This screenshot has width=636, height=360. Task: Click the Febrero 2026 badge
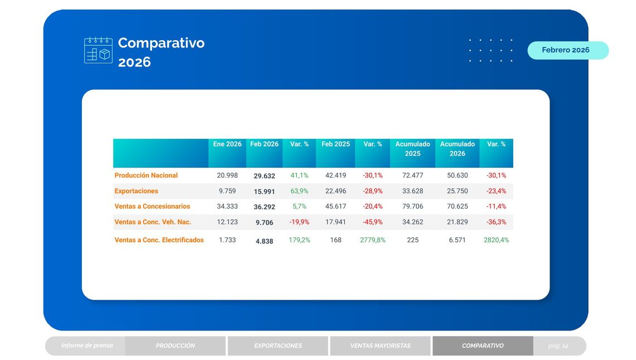tap(566, 50)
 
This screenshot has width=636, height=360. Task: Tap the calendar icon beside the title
tap(98, 50)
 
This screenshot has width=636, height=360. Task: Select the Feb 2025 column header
tap(335, 145)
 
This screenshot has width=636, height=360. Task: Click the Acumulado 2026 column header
tap(457, 149)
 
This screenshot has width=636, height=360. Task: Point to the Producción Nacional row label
tap(146, 175)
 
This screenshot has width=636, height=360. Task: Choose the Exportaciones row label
tap(136, 191)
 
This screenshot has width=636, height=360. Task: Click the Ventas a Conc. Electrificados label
tap(159, 240)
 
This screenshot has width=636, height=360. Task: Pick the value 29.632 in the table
tap(264, 176)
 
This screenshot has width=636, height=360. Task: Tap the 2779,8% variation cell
tap(373, 240)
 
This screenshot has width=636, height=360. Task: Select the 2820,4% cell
tap(496, 240)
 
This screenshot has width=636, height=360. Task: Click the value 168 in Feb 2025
tap(336, 240)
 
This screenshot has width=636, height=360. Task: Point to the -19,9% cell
tap(300, 222)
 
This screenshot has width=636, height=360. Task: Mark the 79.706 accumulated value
tap(412, 207)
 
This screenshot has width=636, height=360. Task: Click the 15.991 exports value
tap(264, 191)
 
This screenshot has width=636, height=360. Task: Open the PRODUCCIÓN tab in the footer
tap(175, 346)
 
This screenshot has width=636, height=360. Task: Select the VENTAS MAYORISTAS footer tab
tap(380, 346)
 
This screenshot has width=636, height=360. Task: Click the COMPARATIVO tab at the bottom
tap(483, 346)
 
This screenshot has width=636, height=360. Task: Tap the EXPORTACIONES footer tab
tap(278, 346)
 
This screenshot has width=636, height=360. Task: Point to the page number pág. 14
tap(558, 346)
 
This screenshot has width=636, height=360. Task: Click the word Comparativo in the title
tap(161, 43)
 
